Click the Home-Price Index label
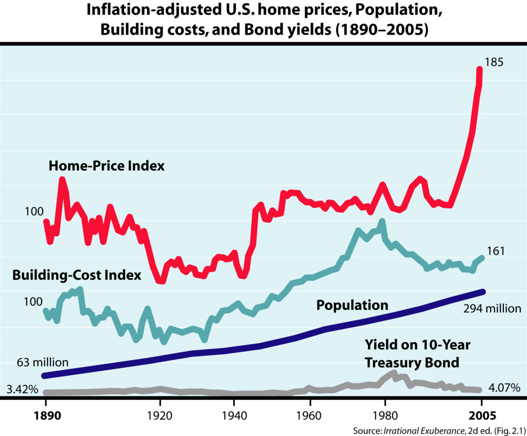coord(107,166)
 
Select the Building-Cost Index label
coord(77,275)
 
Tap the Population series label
coord(352,305)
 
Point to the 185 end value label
coord(494,62)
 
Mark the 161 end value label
coord(496,251)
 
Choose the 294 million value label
coord(492,309)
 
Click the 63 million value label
coord(42,362)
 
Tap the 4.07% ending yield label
coord(504,388)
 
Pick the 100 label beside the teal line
coord(33,301)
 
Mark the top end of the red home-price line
coord(480,70)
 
